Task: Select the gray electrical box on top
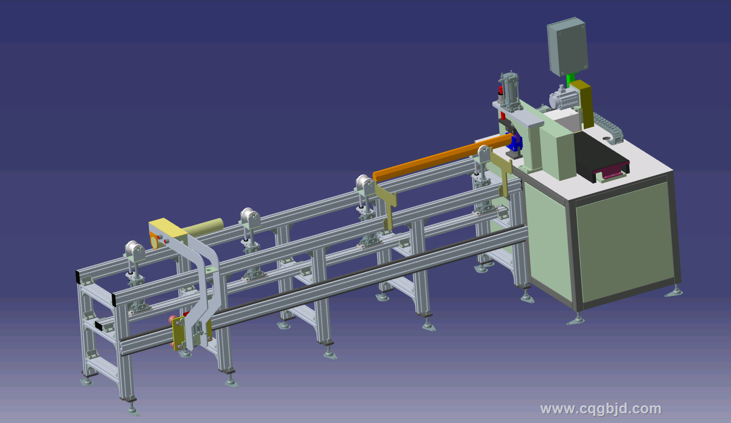click(567, 46)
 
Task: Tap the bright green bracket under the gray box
click(570, 79)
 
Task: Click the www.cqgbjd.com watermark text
click(601, 409)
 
